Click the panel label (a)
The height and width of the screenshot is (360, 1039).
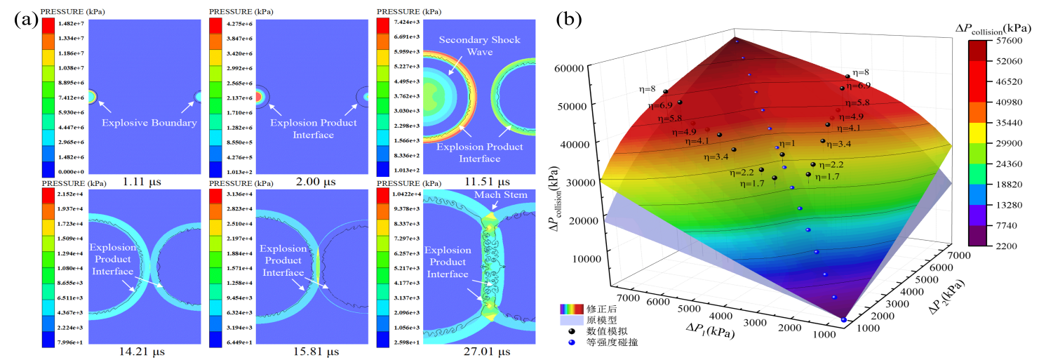26,19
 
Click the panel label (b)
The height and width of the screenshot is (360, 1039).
568,20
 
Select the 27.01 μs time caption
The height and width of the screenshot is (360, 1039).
478,351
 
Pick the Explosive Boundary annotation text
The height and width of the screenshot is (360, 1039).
149,123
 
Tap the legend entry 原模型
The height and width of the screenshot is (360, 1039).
603,320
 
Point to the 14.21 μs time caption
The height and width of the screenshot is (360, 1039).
142,351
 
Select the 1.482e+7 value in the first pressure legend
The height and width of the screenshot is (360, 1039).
72,24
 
